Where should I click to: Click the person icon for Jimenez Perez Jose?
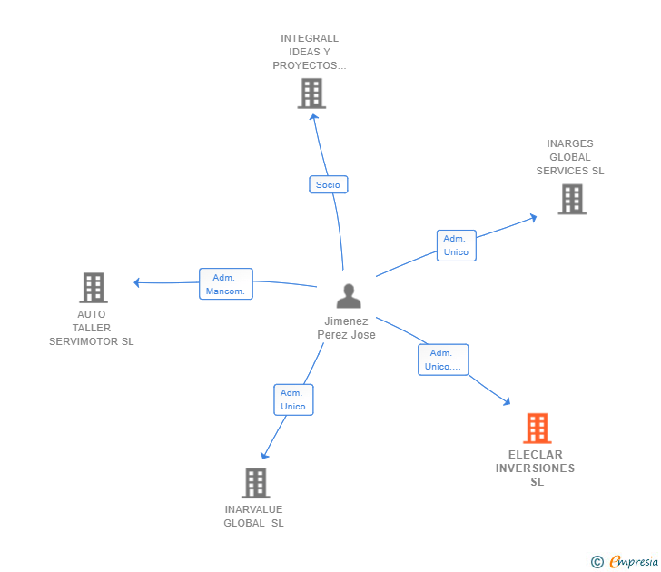(x=348, y=296)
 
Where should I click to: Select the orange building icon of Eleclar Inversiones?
(x=537, y=428)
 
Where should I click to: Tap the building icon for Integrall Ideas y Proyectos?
(x=311, y=93)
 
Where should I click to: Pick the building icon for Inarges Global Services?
(x=571, y=199)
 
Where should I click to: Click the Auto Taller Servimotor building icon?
(x=93, y=288)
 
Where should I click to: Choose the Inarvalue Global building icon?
(x=255, y=483)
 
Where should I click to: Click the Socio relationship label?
(x=328, y=184)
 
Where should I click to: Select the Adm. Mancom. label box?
(x=225, y=284)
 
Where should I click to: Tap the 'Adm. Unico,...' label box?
(x=442, y=360)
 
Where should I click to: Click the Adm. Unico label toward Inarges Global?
(x=456, y=245)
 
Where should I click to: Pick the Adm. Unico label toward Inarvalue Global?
(x=293, y=399)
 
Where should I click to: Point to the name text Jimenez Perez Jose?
(x=346, y=328)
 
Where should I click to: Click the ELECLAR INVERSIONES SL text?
(x=536, y=468)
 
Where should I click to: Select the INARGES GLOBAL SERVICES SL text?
(x=570, y=157)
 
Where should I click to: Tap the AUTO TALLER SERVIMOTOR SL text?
(x=92, y=328)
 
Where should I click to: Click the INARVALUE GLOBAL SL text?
(x=254, y=516)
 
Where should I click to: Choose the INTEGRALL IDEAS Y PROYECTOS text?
(x=310, y=52)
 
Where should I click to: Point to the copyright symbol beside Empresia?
(x=597, y=562)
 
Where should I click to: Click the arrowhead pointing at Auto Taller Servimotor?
(x=137, y=282)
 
